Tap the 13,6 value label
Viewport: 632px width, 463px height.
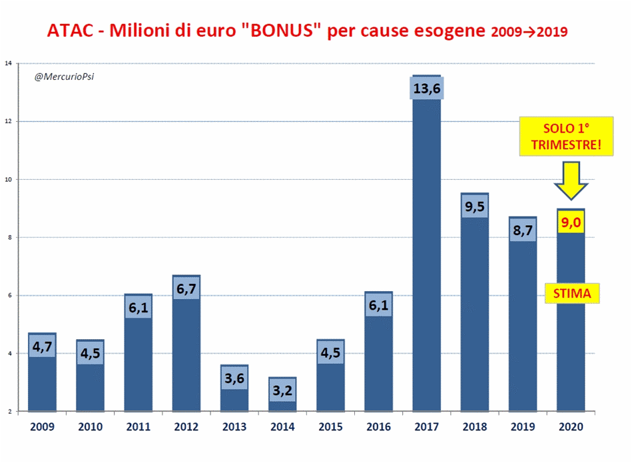[x=426, y=89]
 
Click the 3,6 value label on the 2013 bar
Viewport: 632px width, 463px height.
[x=234, y=378]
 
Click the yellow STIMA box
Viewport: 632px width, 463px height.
[x=571, y=292]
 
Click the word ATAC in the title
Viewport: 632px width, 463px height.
[x=69, y=31]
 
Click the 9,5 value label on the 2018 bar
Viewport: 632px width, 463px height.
[x=474, y=207]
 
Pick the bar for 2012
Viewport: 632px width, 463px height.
[x=186, y=360]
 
